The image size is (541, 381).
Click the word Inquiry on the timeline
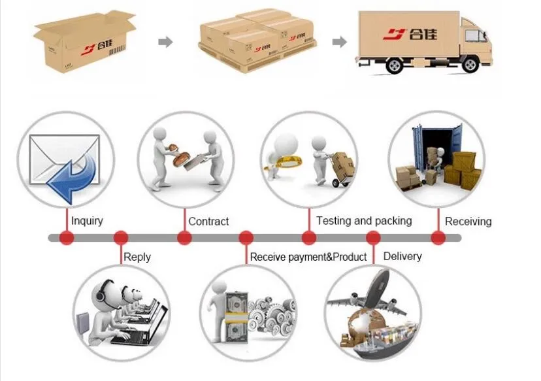[87, 221]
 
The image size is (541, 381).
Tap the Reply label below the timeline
[137, 257]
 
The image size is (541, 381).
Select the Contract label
[208, 222]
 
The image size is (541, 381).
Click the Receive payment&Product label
[308, 257]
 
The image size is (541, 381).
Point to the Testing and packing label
[364, 221]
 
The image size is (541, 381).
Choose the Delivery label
[402, 256]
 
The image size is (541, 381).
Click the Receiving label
[468, 222]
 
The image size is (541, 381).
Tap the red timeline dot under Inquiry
[66, 238]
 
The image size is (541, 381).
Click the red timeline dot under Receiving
[438, 238]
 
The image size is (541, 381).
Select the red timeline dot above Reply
[121, 238]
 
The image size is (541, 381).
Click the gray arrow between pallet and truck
[339, 42]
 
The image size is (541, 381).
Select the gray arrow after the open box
[166, 42]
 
